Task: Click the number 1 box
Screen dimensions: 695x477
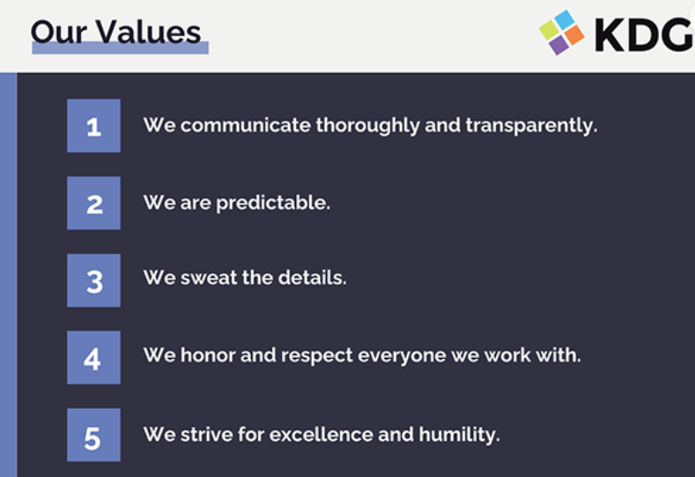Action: point(93,125)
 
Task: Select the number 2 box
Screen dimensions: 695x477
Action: point(93,203)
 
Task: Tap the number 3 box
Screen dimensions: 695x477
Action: point(93,280)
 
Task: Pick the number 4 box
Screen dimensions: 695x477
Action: point(93,358)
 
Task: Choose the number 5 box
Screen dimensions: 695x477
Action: point(93,435)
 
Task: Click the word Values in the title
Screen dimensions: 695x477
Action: point(149,33)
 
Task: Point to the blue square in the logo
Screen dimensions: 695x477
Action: point(565,19)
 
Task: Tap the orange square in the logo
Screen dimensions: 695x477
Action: point(574,34)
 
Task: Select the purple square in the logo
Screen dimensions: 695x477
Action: point(559,45)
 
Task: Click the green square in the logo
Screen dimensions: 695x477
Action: point(549,29)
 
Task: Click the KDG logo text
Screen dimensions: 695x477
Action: point(644,34)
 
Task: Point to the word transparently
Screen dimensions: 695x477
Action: point(531,125)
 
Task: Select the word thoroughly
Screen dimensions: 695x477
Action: point(367,125)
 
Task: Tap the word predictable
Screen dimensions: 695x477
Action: point(273,203)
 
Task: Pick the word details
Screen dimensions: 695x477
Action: point(312,278)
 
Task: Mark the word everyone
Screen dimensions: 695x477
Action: point(402,356)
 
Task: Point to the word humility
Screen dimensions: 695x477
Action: point(459,435)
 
